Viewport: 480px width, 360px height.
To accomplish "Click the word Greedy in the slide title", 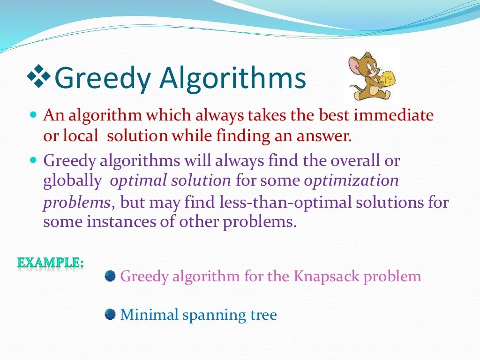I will [x=104, y=78].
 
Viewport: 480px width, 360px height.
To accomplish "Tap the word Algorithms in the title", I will [x=233, y=78].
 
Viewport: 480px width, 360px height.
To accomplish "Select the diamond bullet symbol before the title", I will [x=40, y=76].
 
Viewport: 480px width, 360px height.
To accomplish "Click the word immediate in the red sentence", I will [x=393, y=115].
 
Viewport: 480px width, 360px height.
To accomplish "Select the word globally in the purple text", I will [x=72, y=180].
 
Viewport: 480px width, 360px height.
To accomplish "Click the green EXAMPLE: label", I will [x=51, y=262].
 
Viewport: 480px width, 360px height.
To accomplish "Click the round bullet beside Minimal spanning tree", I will [x=110, y=314].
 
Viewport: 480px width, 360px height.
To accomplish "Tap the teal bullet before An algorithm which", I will [x=33, y=114].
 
